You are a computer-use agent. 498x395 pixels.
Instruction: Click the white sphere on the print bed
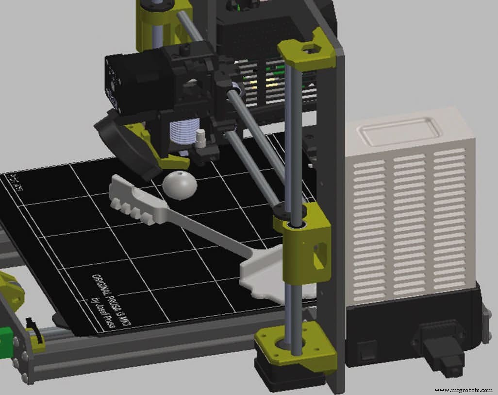tap(180, 185)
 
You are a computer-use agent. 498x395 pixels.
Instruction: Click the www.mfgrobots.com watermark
tap(463, 390)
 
